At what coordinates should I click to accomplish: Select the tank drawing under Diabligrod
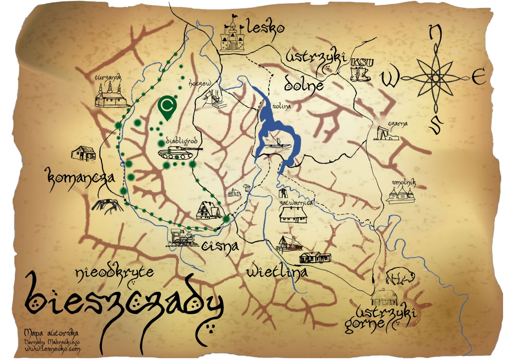point(179,151)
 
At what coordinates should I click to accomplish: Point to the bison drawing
point(397,275)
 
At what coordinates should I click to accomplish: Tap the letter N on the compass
point(435,33)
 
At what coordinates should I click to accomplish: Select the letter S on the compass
point(434,125)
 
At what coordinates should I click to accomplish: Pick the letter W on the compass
point(390,78)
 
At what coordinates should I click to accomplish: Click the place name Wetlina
point(277,271)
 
